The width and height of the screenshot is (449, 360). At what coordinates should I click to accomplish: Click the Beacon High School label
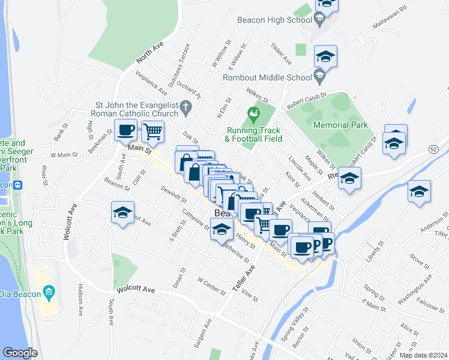pos(274,20)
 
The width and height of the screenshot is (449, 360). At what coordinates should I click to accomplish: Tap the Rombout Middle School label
pos(267,77)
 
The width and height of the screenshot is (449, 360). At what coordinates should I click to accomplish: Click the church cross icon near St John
pos(186,109)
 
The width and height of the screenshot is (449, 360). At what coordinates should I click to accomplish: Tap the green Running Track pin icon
pos(254,113)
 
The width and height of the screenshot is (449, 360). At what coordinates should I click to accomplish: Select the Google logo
pos(20,353)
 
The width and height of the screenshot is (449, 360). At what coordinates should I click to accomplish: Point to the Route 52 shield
pos(433,149)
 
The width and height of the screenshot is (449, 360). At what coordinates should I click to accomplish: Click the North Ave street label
pos(149,52)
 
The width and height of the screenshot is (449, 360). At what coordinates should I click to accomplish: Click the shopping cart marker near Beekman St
pos(153,131)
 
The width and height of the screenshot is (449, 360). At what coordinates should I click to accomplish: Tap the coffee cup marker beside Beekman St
pos(125,130)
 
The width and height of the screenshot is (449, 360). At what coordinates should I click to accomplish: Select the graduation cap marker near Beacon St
pos(122,213)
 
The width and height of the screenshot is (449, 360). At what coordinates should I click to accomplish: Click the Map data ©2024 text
pos(423,355)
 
